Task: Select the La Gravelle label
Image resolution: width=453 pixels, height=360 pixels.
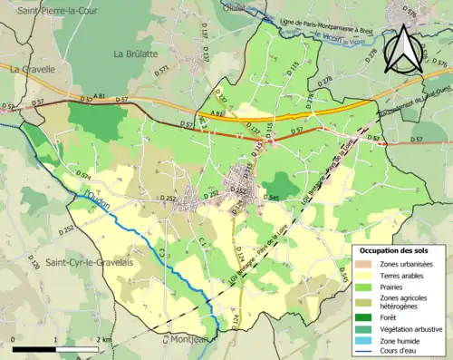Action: pos(33,68)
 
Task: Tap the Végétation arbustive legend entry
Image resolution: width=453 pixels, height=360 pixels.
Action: pos(407,327)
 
